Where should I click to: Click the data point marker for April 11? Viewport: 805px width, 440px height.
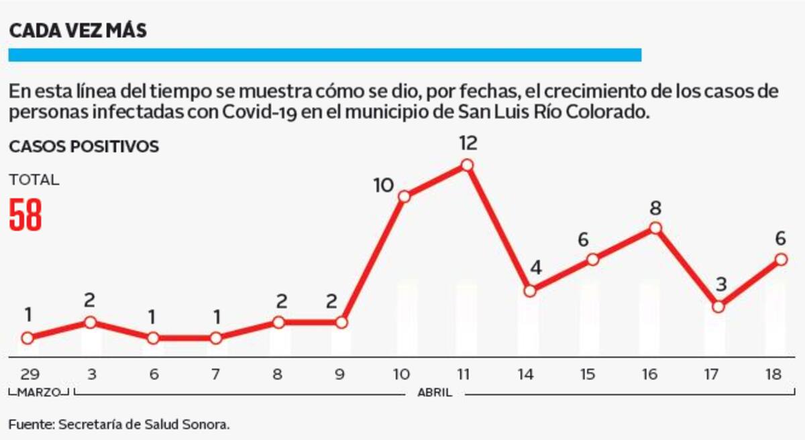(468, 165)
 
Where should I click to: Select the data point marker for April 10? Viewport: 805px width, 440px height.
(405, 197)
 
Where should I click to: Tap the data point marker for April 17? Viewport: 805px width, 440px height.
(718, 307)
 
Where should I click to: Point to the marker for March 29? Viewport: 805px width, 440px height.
(27, 338)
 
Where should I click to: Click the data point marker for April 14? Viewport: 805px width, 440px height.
(530, 291)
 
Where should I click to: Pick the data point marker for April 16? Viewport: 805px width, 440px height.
(655, 228)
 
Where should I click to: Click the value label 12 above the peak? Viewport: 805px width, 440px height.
(468, 143)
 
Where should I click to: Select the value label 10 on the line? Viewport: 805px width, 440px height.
(383, 185)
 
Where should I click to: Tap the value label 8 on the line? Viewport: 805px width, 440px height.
(655, 207)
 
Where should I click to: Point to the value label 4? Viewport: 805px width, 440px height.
(535, 270)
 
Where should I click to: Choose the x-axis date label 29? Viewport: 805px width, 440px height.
(28, 375)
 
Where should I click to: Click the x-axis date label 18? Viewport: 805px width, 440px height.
(782, 375)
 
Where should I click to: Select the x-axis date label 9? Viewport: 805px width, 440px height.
(340, 375)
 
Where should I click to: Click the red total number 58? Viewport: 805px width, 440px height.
(26, 216)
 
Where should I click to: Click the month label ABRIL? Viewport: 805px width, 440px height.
(435, 392)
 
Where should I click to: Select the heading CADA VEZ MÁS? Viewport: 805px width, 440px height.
(78, 31)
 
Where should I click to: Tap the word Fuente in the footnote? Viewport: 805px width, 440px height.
(30, 424)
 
